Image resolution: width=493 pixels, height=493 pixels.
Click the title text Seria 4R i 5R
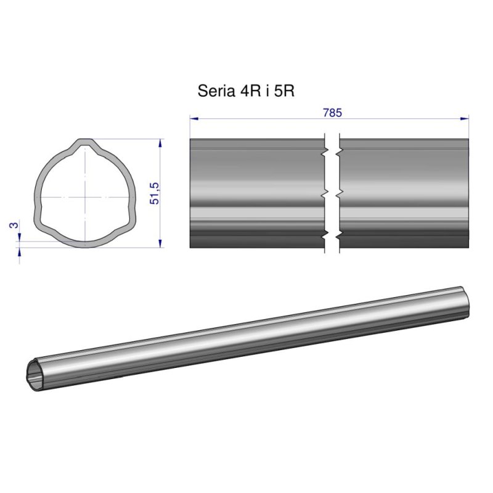246,92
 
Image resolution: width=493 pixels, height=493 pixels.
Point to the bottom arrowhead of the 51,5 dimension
160,243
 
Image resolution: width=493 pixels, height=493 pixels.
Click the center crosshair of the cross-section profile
84,197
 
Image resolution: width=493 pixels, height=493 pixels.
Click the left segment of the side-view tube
256,194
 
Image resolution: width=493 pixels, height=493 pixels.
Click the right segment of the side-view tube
404,194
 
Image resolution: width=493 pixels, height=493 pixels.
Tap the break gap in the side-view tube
332,194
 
